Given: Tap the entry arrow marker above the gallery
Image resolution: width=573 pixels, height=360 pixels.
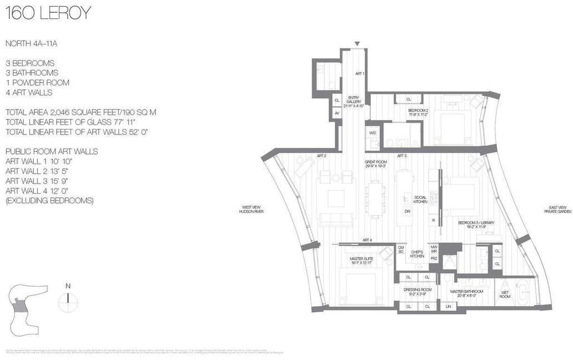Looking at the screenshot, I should coord(358,44).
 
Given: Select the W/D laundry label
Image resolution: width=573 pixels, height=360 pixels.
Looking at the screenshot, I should coord(371,133).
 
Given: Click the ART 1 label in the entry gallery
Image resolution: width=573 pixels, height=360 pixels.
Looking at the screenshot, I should coord(359,73).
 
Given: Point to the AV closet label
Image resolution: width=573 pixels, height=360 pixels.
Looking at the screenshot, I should coord(336,113).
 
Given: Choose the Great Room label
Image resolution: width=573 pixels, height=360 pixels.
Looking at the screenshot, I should coord(375,164).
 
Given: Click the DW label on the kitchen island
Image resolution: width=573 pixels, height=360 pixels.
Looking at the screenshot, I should coord(407,211).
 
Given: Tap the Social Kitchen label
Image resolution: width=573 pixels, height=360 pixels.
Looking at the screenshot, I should coord(420,201).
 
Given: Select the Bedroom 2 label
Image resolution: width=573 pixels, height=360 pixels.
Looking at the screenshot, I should coord(418,111).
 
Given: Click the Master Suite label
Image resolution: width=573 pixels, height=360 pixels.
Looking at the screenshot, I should coord(360,260).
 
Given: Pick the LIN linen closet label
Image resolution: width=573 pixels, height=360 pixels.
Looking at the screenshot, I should coord(448,306).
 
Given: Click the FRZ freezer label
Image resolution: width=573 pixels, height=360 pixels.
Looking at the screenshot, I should coord(434,259).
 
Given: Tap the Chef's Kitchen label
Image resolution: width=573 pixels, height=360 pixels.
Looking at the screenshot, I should coord(417,254).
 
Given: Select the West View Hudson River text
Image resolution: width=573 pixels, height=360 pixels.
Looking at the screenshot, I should coord(251,209).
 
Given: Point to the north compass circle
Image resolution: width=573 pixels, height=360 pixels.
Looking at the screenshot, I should coord(68,302).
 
